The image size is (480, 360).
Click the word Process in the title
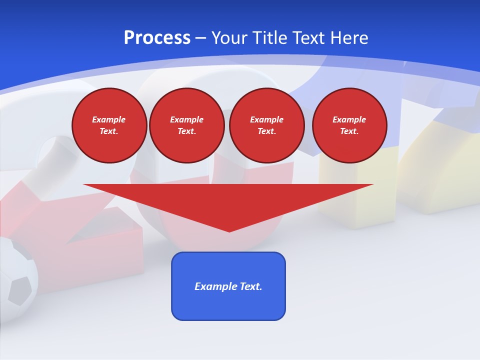pos(157,38)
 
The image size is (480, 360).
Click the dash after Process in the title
pos(200,38)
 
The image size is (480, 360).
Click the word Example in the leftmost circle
pos(109,119)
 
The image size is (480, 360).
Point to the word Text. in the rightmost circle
pos(349,131)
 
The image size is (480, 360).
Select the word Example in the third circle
pos(266,119)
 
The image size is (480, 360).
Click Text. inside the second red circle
pos(187,131)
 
